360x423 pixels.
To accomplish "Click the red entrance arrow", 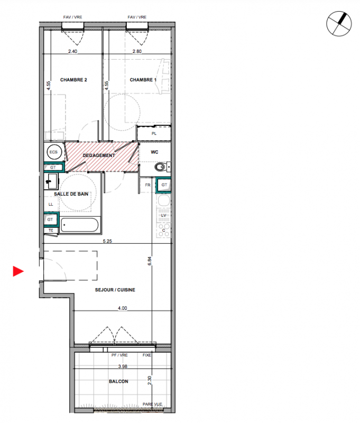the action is point(18,271).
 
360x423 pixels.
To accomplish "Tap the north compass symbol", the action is point(339,23).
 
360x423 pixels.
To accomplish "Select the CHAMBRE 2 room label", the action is point(73,80).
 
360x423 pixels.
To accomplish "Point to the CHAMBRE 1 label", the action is point(143,80).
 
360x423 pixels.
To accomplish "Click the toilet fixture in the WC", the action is point(161,167).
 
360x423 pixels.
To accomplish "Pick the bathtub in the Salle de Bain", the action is point(79,225).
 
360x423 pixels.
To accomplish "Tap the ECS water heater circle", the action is point(54,152).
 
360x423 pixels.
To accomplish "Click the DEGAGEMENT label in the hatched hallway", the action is point(99,155).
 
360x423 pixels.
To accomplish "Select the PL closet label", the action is point(154,134).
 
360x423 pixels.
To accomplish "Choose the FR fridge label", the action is point(147,185).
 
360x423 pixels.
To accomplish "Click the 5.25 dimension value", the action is point(107,241).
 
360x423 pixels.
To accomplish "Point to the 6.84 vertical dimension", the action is point(150,261).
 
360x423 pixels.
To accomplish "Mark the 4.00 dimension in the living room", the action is point(123,308).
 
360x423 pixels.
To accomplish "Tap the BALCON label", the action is point(118,381).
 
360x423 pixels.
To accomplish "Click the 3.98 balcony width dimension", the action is point(123,366).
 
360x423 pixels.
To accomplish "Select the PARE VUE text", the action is point(152,404).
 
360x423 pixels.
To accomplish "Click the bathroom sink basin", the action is point(51,181).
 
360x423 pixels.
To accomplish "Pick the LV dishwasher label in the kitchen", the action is point(163,216).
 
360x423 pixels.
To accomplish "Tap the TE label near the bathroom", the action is point(51,231).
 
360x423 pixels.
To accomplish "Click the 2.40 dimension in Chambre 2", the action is point(72,51).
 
